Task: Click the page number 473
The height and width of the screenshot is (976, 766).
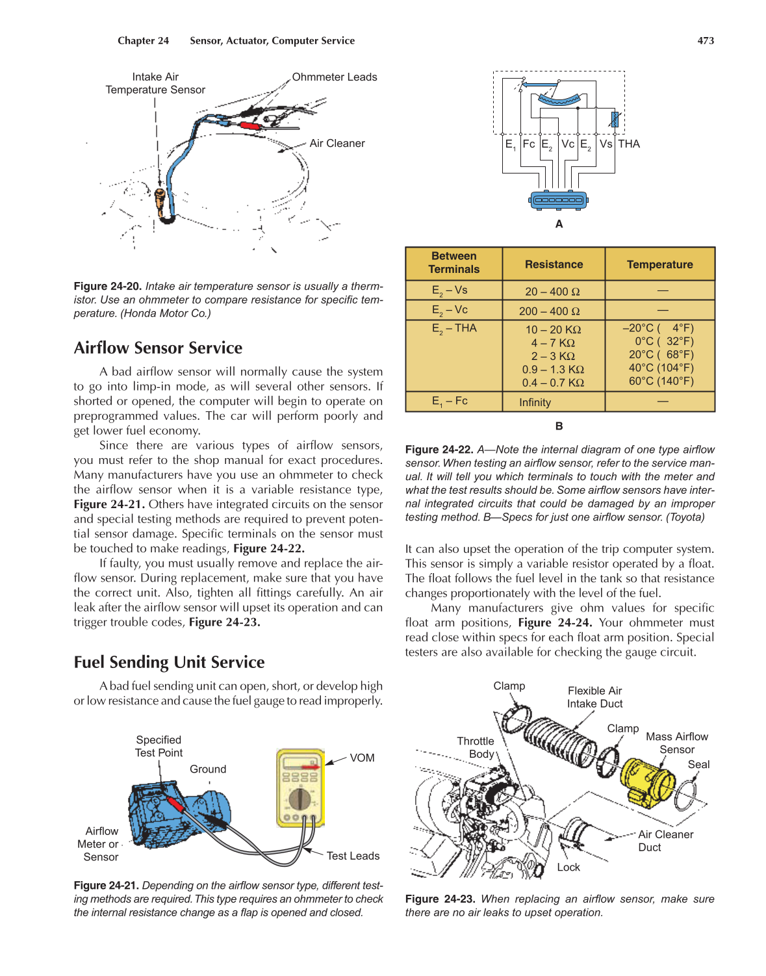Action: pos(706,40)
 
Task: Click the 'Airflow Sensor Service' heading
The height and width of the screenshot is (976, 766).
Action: pos(158,348)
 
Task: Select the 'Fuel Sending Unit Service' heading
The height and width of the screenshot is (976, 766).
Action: pos(169,662)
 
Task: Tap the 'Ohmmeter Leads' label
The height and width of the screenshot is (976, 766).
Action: pos(334,77)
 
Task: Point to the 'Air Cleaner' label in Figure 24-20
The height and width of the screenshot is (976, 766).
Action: pos(337,143)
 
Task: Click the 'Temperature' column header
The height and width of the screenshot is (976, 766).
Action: pos(659,264)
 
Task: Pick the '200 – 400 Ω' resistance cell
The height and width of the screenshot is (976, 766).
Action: pos(554,311)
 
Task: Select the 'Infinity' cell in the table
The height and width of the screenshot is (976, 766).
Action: pos(535,402)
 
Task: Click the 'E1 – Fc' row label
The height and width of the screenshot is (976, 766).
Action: pos(450,402)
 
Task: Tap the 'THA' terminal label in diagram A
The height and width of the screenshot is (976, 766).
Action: pos(629,144)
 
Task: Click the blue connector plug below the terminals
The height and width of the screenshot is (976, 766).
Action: pos(558,200)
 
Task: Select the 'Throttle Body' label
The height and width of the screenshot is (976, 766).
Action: pos(476,747)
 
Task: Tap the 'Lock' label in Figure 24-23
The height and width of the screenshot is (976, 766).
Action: pos(568,867)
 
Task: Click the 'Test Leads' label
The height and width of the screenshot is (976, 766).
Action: pos(353,856)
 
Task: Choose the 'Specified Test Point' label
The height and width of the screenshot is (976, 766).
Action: pos(159,746)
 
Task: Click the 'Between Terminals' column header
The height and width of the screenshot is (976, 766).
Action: pos(453,263)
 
